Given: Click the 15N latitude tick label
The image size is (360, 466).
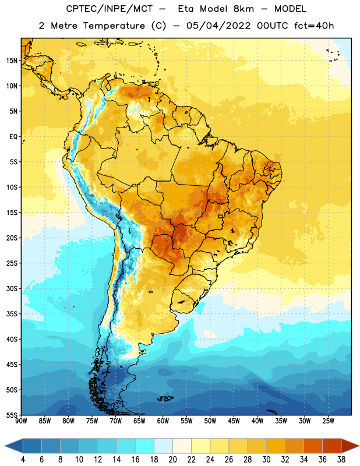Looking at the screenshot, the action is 12,61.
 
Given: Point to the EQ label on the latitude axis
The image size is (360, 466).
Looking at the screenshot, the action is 13,137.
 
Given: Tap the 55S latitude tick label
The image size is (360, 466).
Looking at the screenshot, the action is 12,415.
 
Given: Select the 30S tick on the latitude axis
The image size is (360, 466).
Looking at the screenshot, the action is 12,288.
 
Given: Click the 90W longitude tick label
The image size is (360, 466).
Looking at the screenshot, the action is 21,421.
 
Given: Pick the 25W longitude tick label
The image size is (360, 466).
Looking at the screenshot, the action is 328,421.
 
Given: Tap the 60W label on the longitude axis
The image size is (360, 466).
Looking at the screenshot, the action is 163,421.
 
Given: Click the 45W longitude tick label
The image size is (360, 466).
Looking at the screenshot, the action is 234,421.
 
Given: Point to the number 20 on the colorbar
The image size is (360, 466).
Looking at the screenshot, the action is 172,460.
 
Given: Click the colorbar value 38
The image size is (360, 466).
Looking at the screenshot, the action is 341,460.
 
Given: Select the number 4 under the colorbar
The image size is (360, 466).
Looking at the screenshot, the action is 23,460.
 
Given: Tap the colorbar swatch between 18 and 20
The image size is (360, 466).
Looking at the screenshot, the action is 164,446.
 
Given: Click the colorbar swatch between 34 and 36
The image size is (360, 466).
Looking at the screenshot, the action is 313,446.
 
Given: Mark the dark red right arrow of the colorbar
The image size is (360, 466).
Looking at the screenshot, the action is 350,446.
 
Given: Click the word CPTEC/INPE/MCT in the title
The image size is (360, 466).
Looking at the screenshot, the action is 109,9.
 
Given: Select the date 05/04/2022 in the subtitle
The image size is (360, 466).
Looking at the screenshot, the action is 218,26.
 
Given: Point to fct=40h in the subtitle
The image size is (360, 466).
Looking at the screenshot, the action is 314,26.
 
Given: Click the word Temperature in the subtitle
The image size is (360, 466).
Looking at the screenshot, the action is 114,26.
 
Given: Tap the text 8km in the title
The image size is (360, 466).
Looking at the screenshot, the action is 243,9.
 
